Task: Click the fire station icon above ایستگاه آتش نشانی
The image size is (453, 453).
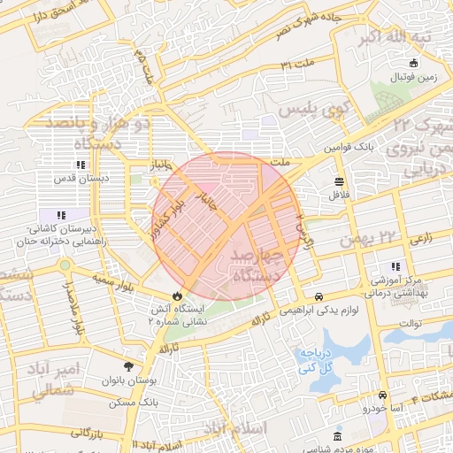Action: tap(177, 295)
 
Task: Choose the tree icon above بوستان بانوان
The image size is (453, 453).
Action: tap(130, 365)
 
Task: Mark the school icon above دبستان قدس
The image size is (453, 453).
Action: tap(81, 165)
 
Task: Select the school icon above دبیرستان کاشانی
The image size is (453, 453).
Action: tap(61, 215)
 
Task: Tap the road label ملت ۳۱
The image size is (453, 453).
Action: tap(298, 65)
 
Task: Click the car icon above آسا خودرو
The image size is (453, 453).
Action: tap(381, 395)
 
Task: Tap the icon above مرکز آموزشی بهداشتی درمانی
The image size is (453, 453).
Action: tap(395, 267)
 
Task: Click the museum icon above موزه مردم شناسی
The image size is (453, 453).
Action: tap(336, 437)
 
